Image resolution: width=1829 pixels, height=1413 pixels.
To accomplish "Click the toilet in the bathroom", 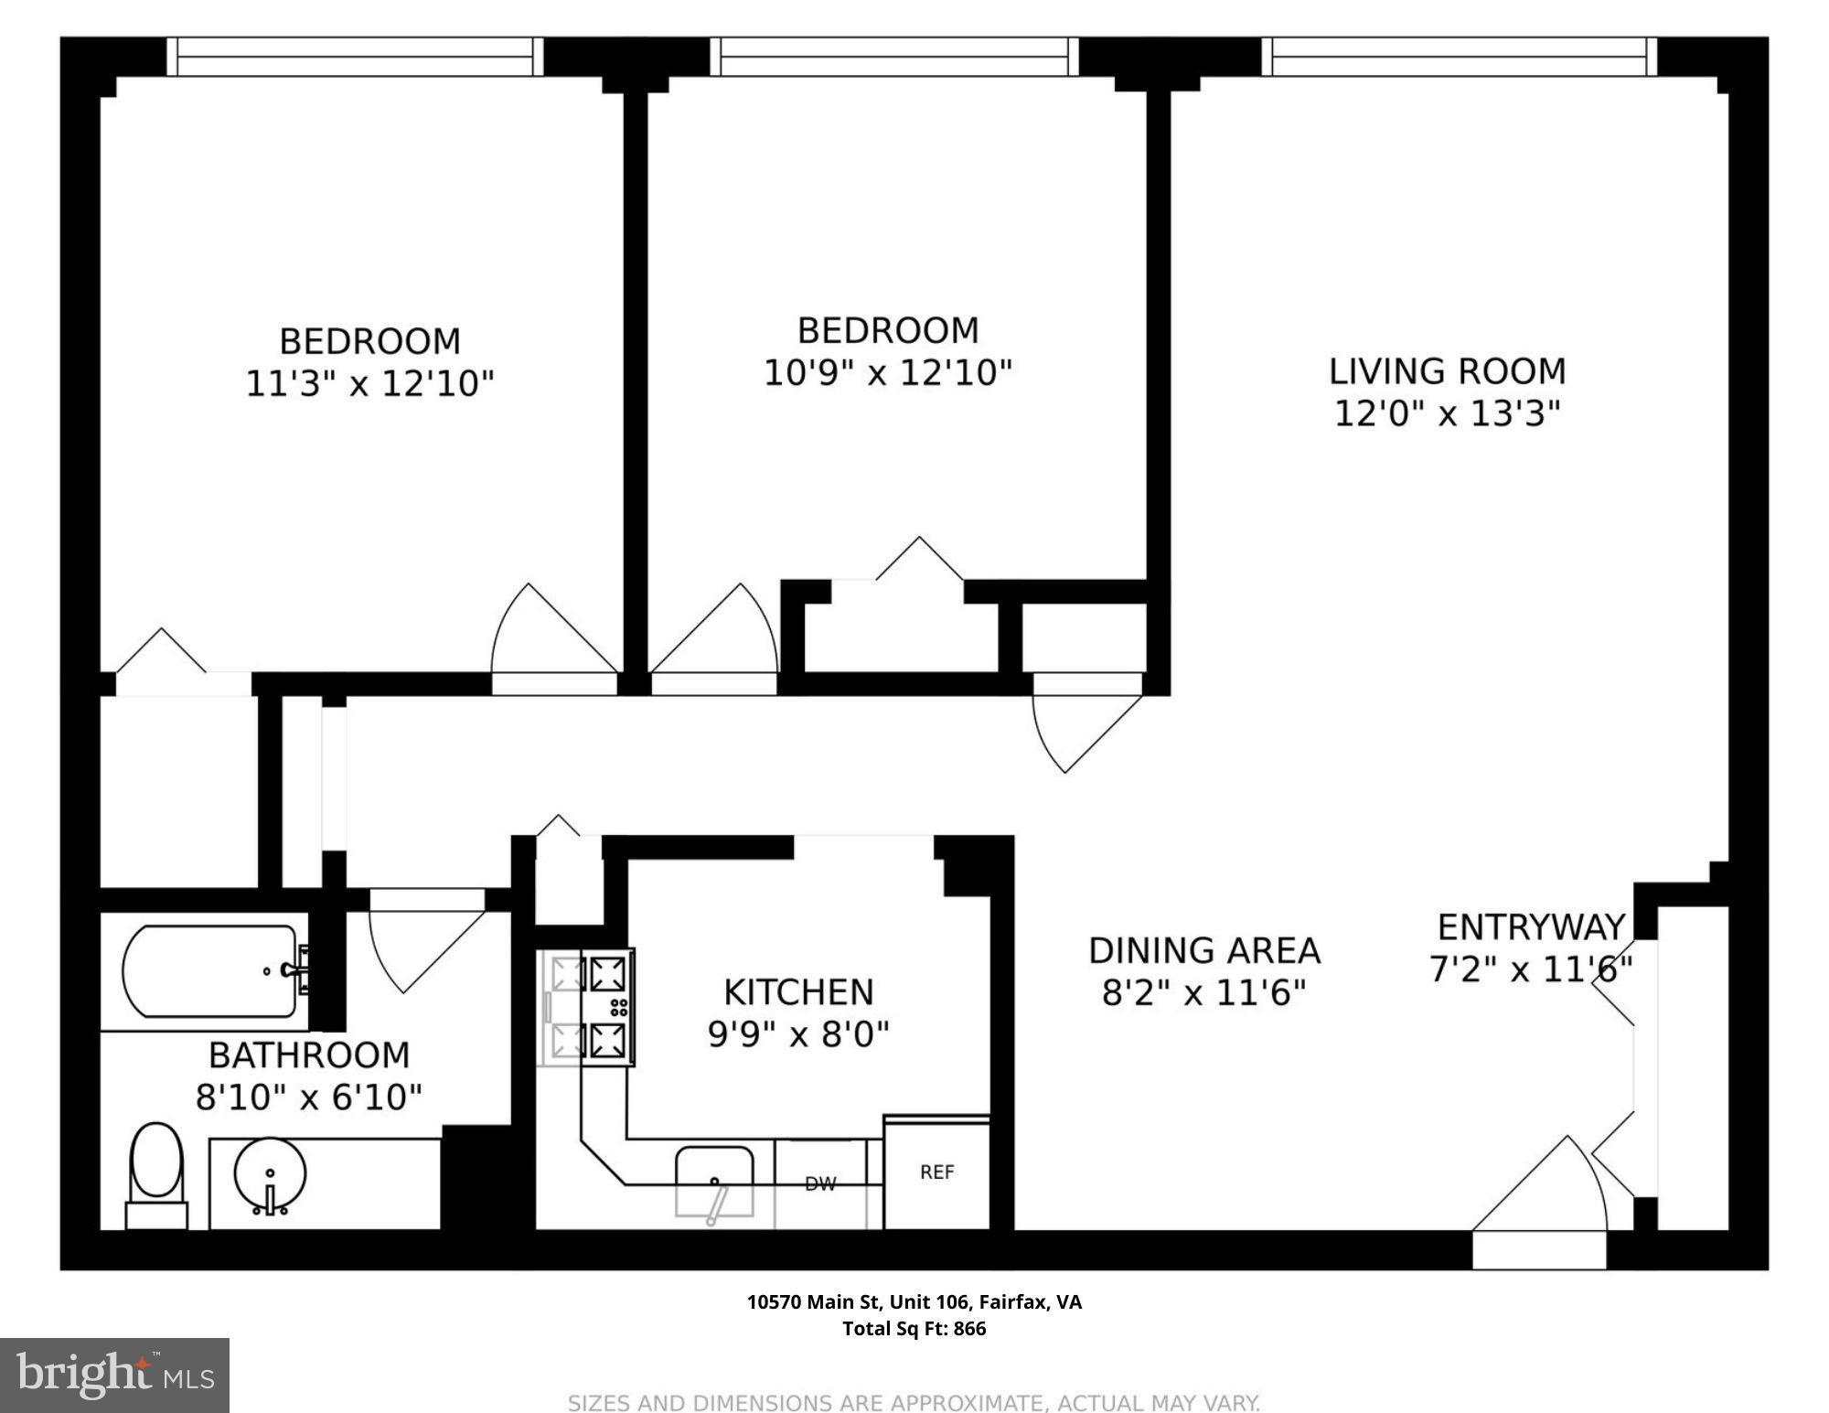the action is point(156,1175).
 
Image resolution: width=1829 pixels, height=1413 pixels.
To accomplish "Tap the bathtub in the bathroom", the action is point(210,971).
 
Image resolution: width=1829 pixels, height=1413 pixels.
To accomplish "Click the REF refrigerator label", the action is point(937,1172).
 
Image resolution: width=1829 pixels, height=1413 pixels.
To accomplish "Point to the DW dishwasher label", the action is point(820,1184).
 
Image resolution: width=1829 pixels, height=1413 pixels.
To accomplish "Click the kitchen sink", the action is point(714,1182).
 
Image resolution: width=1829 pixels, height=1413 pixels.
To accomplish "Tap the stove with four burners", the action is point(588,1008).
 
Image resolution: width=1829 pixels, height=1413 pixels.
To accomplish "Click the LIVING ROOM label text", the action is point(1448,371).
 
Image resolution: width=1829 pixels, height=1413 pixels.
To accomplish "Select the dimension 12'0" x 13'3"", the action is point(1447,413).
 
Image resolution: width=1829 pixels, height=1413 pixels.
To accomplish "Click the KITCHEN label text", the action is point(798,992).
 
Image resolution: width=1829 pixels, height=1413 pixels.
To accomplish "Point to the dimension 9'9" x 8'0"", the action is point(798,1034).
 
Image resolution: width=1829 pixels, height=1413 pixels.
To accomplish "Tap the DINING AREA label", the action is point(1204,951).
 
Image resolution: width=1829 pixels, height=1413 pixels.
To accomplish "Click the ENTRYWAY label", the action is point(1531,927).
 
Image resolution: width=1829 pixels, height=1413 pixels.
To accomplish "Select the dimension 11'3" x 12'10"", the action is point(369,383).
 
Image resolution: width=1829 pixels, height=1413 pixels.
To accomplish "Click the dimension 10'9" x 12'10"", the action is point(888,372).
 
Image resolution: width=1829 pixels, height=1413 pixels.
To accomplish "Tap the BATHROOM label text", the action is point(309,1055).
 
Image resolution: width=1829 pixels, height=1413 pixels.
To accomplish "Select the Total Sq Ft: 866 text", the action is point(914,1329).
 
